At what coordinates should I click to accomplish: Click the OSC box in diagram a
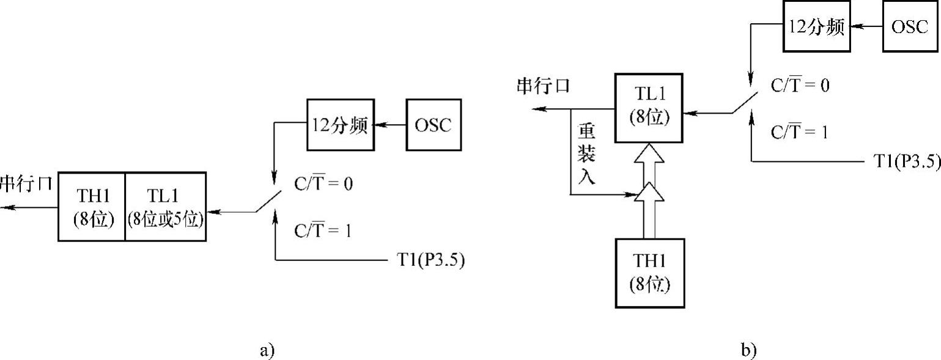click(433, 125)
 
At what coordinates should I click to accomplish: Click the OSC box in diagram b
click(909, 28)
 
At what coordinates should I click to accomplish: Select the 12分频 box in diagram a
click(339, 125)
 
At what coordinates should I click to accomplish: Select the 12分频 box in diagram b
click(816, 28)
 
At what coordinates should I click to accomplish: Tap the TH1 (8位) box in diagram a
click(92, 207)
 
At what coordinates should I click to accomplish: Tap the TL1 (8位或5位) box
click(166, 207)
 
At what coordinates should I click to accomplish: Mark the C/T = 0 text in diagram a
click(323, 183)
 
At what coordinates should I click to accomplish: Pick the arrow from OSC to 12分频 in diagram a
click(391, 125)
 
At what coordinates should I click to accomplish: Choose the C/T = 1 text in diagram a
click(323, 232)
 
